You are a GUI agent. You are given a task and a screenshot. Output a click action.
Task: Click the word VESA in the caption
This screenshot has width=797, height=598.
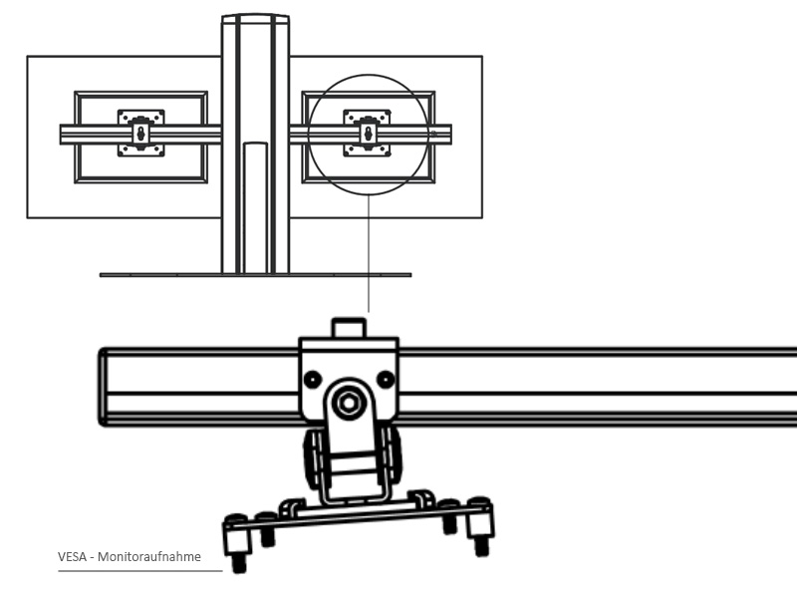coord(72,557)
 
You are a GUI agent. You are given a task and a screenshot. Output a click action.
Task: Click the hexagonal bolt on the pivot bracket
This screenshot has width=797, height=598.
coord(348,403)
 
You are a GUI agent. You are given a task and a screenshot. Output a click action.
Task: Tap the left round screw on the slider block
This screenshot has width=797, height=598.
coord(313,380)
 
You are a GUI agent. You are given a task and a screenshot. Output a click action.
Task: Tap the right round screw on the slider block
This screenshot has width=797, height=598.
coord(386,379)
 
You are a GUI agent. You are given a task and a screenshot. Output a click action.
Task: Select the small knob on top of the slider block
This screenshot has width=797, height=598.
coord(349,328)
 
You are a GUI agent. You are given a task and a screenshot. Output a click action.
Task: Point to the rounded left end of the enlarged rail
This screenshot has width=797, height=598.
coord(103,387)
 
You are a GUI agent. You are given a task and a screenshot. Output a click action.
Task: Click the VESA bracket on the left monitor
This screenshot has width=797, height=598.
coord(140,133)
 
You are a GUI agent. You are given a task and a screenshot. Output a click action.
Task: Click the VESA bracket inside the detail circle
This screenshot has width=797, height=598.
coord(367,133)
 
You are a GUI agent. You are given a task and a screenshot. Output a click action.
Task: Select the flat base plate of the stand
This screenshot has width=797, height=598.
coord(255,274)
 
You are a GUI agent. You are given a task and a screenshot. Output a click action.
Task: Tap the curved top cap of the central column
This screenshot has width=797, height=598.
coord(255,18)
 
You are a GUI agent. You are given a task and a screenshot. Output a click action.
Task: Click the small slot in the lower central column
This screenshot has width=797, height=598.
coord(255,204)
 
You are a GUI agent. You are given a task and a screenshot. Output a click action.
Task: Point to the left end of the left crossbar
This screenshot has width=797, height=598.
coord(63,134)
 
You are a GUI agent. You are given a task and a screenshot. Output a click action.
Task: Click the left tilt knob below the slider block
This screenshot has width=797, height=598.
coord(313,459)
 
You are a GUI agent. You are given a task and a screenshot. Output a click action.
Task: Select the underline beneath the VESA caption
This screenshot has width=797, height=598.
coord(139,572)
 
